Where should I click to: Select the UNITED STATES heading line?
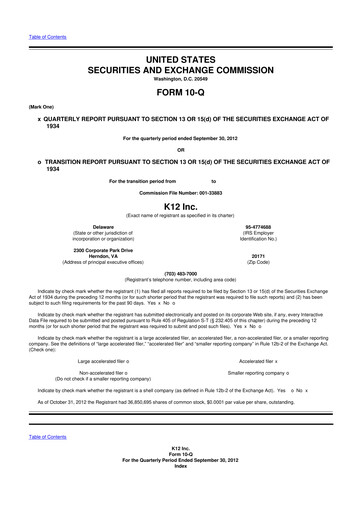pyautogui.click(x=181, y=62)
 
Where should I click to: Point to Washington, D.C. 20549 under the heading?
pyautogui.click(x=181, y=83)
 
